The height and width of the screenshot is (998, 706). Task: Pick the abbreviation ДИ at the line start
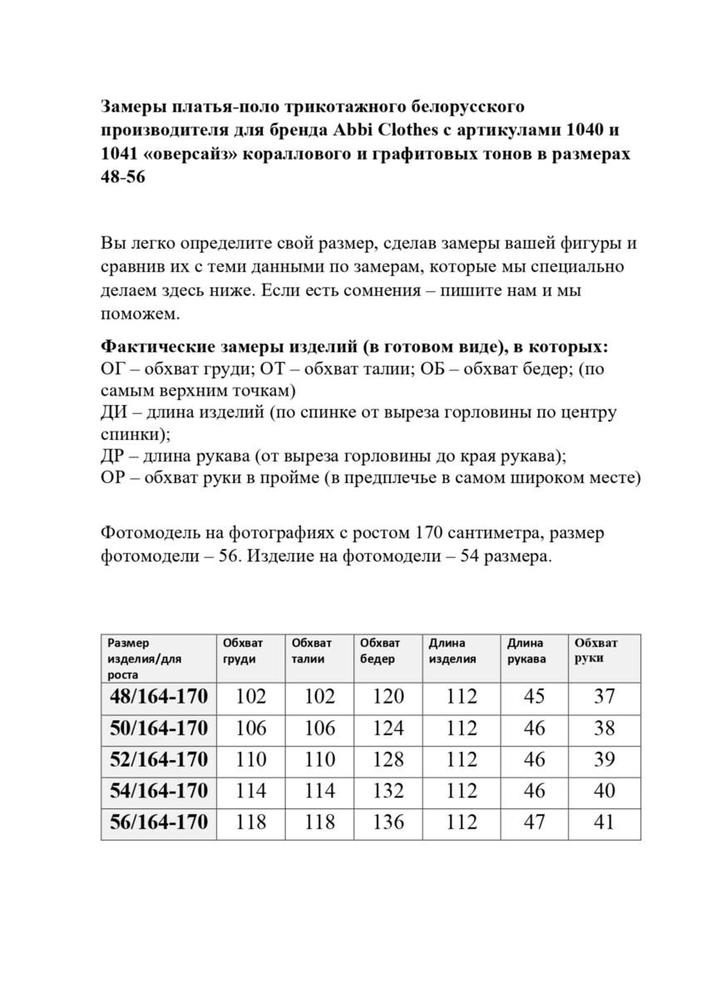(x=114, y=413)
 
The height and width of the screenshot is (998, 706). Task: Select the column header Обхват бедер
(x=380, y=650)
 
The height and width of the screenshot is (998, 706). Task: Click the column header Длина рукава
(x=526, y=650)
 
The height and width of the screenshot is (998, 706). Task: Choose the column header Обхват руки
(x=595, y=650)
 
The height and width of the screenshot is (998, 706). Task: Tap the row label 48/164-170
(x=159, y=697)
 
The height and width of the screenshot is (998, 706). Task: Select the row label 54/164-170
(x=159, y=792)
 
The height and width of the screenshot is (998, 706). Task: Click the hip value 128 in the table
(x=388, y=759)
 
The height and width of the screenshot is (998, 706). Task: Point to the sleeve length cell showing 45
(x=535, y=697)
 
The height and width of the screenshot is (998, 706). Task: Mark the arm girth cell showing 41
(x=605, y=823)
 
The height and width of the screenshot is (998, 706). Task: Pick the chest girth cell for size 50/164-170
(x=251, y=729)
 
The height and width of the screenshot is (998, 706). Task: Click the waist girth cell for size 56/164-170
(x=319, y=823)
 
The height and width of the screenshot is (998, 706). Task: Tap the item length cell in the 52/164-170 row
(x=462, y=759)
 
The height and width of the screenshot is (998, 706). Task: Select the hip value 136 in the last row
(x=388, y=823)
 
